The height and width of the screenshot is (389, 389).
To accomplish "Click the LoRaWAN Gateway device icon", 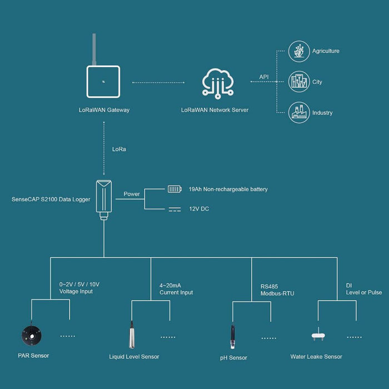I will (x=103, y=81).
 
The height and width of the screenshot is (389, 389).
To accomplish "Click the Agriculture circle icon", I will (x=298, y=51).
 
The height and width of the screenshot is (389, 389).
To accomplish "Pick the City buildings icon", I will (x=298, y=82).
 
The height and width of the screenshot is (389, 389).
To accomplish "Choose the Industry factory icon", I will (x=298, y=113).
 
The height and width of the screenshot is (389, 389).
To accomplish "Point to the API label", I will (x=264, y=77).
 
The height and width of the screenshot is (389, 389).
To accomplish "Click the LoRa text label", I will (x=119, y=149).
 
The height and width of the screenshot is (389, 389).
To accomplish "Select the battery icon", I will (x=174, y=189).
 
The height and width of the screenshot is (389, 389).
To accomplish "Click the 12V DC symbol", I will (x=174, y=210).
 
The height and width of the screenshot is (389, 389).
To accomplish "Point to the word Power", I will (x=132, y=194).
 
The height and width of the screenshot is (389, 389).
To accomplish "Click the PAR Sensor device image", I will (x=33, y=336).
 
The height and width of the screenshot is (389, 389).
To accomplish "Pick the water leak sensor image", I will (x=317, y=336).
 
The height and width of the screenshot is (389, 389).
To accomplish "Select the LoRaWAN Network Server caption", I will (x=215, y=110).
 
